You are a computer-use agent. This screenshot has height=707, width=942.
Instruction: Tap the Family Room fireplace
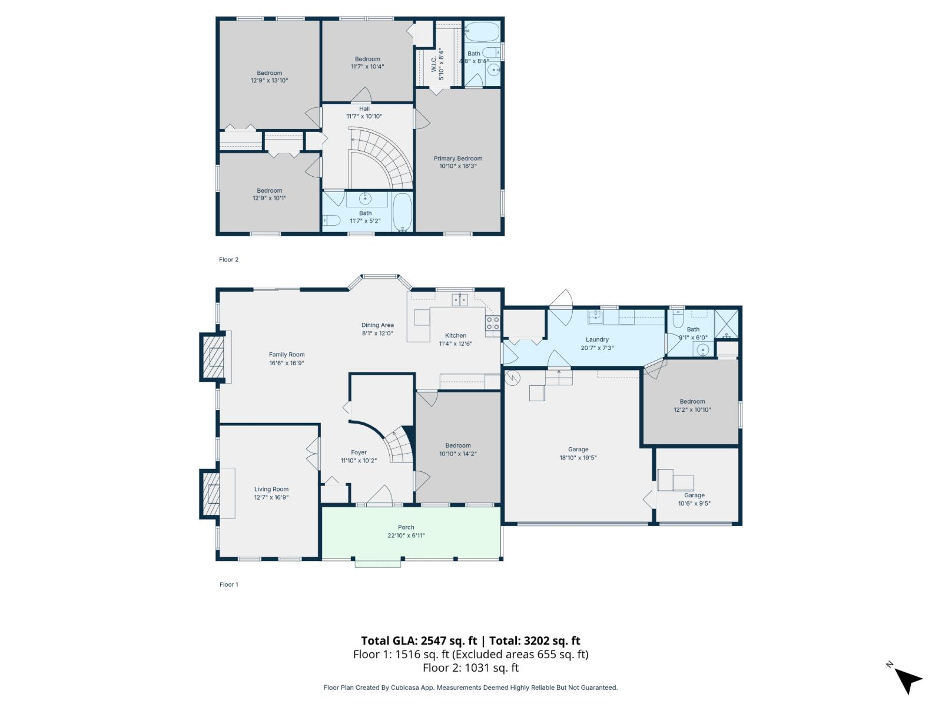pos(214,357)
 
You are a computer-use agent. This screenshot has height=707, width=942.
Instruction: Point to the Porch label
pos(406,527)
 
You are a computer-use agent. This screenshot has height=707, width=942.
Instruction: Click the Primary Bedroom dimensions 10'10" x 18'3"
pos(457,166)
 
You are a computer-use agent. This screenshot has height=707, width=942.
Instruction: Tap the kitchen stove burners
pos(492,323)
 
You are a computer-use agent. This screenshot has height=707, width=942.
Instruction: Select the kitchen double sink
pos(460,300)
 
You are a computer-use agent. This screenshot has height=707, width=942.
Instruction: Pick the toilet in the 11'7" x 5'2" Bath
pos(331,221)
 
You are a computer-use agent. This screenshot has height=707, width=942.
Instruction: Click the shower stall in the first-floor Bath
pos(725,324)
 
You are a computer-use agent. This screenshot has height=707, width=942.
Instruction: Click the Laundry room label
pos(597,339)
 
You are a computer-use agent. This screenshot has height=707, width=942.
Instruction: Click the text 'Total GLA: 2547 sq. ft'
pos(419,641)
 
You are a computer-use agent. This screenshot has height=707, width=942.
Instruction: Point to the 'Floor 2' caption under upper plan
pos(228,259)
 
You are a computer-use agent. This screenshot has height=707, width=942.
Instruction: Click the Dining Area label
pos(377,325)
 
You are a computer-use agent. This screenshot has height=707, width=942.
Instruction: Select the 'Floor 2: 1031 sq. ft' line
pos(470,668)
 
